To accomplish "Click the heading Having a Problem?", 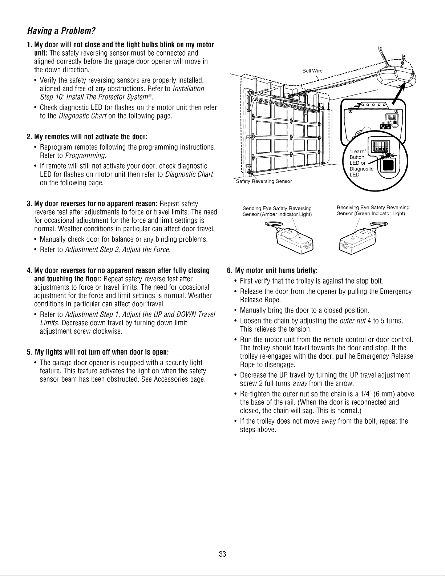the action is [61, 31].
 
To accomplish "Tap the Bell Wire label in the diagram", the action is [312, 71].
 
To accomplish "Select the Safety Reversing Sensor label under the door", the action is [264, 181].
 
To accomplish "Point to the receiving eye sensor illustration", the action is [363, 238].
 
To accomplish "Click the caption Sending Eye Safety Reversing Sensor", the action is [277, 211].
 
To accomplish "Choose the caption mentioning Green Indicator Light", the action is [373, 210].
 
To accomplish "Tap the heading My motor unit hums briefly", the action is [272, 271].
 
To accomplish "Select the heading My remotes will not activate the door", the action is [87, 137].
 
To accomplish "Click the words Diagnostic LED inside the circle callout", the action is [361, 172].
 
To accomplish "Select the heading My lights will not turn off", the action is [98, 352].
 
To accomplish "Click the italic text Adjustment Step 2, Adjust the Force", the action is [118, 250].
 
